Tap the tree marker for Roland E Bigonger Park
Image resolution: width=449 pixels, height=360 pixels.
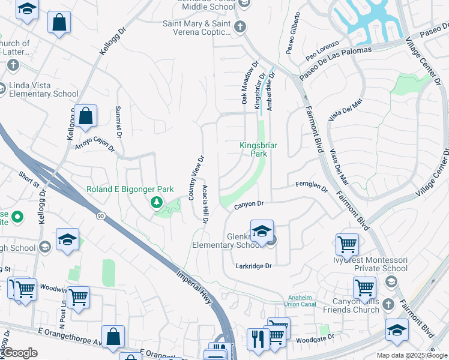(157, 202)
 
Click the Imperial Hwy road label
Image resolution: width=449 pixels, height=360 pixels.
(194, 284)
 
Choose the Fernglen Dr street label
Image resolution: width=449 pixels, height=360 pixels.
(312, 188)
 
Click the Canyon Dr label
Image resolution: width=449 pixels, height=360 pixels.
(249, 205)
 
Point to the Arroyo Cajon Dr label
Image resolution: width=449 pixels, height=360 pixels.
(94, 143)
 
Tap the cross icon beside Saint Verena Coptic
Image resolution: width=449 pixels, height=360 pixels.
(240, 26)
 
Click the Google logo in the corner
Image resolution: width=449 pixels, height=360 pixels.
(20, 352)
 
